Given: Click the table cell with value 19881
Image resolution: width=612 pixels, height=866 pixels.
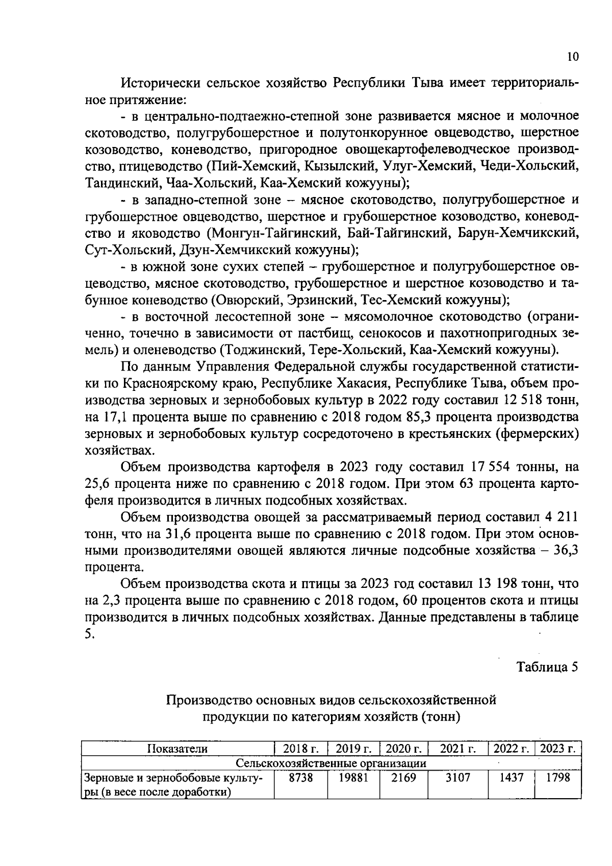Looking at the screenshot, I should [353, 778].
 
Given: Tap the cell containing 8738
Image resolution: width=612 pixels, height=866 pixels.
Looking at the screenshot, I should [300, 778].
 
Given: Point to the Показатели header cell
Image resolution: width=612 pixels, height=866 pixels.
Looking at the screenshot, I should [177, 749].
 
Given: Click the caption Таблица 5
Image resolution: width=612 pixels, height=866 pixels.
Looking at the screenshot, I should [547, 667].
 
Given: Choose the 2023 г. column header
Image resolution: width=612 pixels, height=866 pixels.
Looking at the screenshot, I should [557, 749].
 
